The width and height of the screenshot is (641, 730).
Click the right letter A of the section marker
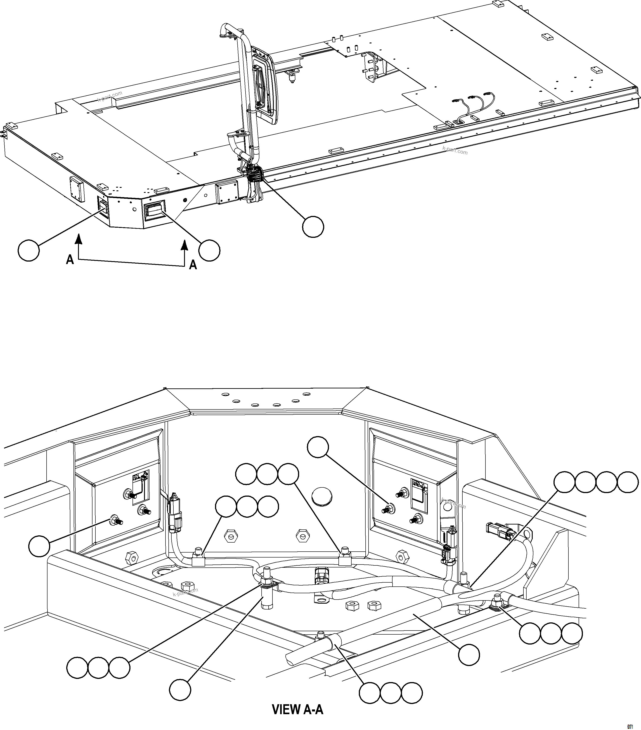193,265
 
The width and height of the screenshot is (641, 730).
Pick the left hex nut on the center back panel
230,535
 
